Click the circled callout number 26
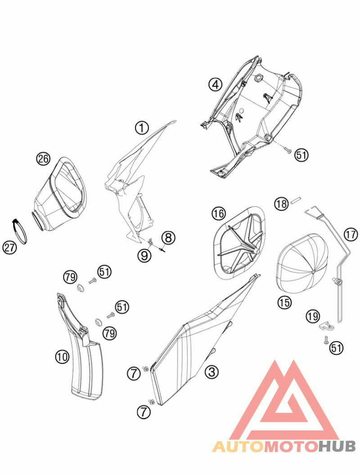point(43,159)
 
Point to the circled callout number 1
point(142,128)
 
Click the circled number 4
point(215,84)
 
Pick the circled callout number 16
point(219,213)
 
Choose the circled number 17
point(351,235)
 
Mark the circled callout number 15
point(284,302)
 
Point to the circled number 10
point(62,357)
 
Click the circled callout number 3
point(211,371)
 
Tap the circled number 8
point(168,238)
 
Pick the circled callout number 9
point(144,255)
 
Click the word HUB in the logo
point(337,446)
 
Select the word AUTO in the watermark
point(238,446)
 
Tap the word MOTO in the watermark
point(291,446)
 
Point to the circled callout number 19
point(312,317)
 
